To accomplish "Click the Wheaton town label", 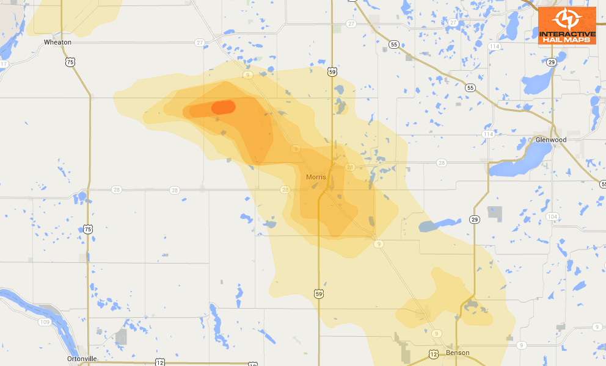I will pyautogui.click(x=57, y=42).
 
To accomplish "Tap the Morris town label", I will pyautogui.click(x=316, y=177).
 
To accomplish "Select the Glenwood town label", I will pyautogui.click(x=550, y=140).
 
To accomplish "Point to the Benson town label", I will pyautogui.click(x=458, y=353).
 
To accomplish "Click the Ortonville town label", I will pyautogui.click(x=82, y=359).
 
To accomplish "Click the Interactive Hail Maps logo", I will pyautogui.click(x=567, y=26).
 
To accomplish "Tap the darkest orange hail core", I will pyautogui.click(x=223, y=107).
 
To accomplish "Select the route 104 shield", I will pyautogui.click(x=552, y=217).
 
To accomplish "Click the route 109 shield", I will pyautogui.click(x=44, y=321).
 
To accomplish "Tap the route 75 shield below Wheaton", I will pyautogui.click(x=71, y=62).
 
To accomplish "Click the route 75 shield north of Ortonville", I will pyautogui.click(x=89, y=229).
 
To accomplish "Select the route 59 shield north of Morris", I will pyautogui.click(x=330, y=71).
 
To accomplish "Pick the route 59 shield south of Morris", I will pyautogui.click(x=318, y=293).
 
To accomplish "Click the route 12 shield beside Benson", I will pyautogui.click(x=433, y=354).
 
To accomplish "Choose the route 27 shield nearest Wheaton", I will pyautogui.click(x=200, y=43).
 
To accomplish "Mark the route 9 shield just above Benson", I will pyautogui.click(x=436, y=334).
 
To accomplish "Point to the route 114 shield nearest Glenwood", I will pyautogui.click(x=487, y=134).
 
